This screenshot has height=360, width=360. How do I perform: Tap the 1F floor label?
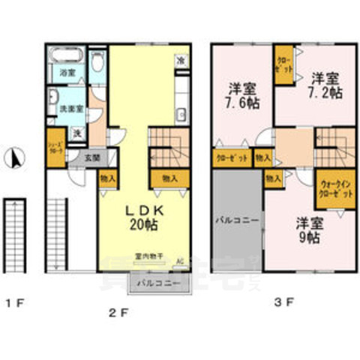[x=15, y=303]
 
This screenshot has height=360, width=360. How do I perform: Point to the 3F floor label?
[x=284, y=303]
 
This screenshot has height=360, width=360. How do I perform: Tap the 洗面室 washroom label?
[x=70, y=109]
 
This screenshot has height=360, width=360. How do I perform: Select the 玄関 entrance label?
[x=92, y=157]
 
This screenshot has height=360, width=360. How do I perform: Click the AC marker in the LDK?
[x=179, y=261]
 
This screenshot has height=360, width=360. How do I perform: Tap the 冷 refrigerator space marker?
[x=181, y=60]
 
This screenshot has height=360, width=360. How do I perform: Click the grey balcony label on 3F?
[x=237, y=222]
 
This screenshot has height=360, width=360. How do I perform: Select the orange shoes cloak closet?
[x=53, y=146]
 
